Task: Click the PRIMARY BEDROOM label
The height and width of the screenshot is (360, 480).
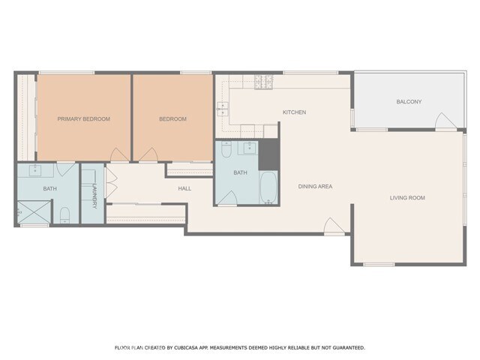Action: [x=83, y=119]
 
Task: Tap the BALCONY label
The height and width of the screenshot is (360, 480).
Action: [x=409, y=102]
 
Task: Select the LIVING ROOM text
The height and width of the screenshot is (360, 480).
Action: [x=407, y=198]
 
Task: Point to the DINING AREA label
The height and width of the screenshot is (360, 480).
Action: [x=315, y=187]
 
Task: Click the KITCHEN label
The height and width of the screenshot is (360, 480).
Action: [x=294, y=112]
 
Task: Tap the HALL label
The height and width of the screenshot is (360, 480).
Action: [x=184, y=188]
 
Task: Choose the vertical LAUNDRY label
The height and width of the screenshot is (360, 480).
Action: [x=94, y=196]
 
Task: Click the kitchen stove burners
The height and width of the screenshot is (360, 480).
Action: [x=263, y=82]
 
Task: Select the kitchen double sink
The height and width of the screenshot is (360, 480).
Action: [x=223, y=109]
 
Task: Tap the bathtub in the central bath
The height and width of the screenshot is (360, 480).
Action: [x=268, y=187]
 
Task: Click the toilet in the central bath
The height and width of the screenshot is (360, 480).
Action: [x=226, y=149]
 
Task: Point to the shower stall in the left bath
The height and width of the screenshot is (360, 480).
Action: [x=34, y=211]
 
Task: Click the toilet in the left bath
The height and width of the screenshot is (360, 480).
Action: [x=64, y=215]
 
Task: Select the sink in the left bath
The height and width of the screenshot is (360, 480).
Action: [x=35, y=170]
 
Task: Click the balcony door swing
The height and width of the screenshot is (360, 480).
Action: [x=445, y=121]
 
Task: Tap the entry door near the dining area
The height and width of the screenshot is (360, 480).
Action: [x=334, y=226]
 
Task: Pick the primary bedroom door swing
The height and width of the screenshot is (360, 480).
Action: [x=119, y=154]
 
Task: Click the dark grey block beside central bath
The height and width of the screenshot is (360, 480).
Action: [x=268, y=154]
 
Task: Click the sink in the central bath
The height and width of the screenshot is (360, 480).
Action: [x=250, y=148]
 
